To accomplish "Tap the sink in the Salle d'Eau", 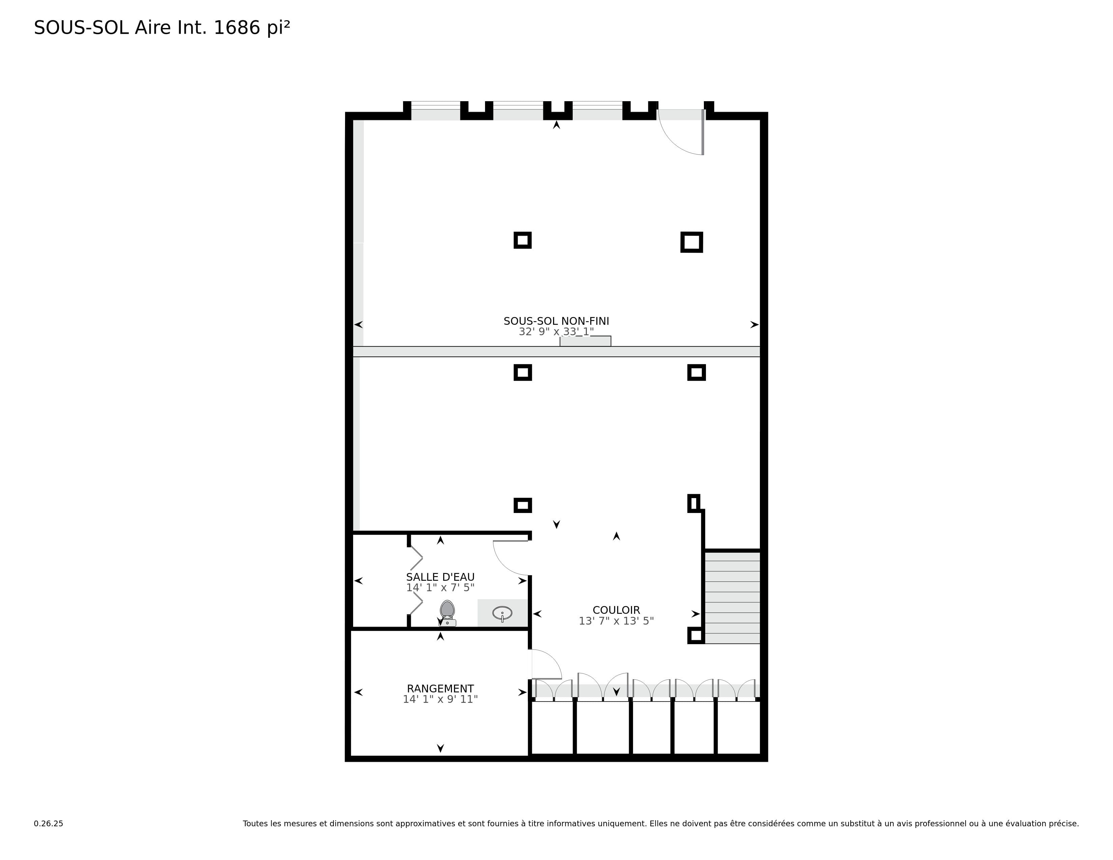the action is pyautogui.click(x=502, y=613).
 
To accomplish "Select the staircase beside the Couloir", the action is pyautogui.click(x=732, y=597).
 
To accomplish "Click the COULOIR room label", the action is pyautogui.click(x=616, y=610).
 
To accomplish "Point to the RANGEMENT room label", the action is pyautogui.click(x=440, y=688).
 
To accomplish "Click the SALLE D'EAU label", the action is pyautogui.click(x=440, y=577).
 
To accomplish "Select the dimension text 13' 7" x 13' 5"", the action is pyautogui.click(x=616, y=621).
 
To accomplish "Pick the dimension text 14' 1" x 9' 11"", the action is pyautogui.click(x=440, y=699).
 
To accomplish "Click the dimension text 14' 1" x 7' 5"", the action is pyautogui.click(x=440, y=587).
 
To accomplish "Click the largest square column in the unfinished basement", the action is pyautogui.click(x=691, y=242).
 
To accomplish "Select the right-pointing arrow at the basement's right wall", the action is pyautogui.click(x=754, y=324).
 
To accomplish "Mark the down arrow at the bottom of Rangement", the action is pyautogui.click(x=440, y=748).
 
